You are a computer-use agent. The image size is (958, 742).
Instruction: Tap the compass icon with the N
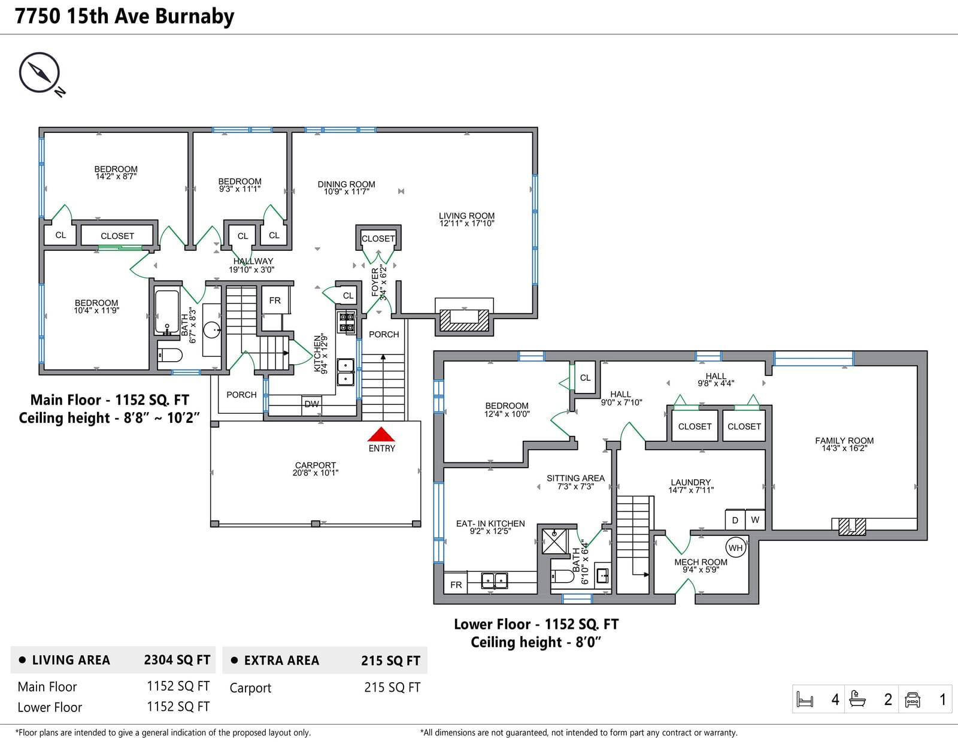point(41,74)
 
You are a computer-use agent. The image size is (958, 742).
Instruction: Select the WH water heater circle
point(735,547)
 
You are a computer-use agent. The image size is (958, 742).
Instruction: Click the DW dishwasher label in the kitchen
point(312,404)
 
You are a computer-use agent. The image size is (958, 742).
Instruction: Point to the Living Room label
point(466,219)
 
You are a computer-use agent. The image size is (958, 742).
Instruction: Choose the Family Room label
point(844,444)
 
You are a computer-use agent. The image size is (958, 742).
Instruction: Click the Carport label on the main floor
point(315,469)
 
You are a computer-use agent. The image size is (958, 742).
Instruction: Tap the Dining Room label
point(346,187)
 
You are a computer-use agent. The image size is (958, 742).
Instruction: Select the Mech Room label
point(701,566)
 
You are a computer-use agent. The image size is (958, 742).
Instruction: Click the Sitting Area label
point(575,482)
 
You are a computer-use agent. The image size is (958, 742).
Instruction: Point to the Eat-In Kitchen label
point(490,527)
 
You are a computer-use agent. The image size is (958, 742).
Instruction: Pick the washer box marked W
point(755,520)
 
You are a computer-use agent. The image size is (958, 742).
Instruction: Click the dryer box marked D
point(735,520)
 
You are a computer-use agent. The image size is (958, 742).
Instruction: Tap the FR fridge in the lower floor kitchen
point(456,584)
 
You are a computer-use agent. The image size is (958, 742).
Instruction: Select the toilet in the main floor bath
point(170,355)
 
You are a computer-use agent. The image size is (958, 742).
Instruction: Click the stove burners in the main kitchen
point(347,322)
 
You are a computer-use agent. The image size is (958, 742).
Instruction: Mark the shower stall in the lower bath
point(554,541)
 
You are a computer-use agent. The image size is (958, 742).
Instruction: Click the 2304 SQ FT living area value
point(177,659)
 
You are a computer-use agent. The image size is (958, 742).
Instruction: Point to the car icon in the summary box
point(912,699)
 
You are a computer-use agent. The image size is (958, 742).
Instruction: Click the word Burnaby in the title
point(195,17)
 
